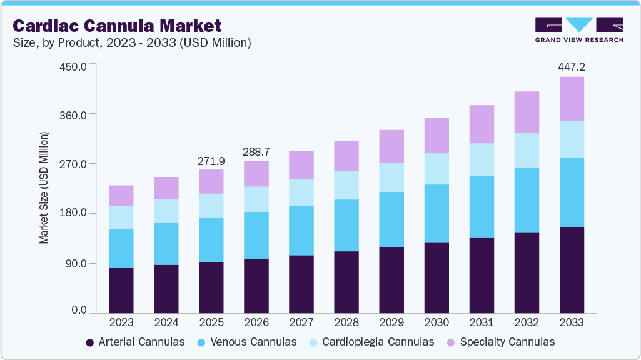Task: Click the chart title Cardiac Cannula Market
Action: coord(117,26)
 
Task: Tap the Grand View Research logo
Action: coord(579,30)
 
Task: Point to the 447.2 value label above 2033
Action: coord(572,66)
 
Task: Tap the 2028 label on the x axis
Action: coord(346,322)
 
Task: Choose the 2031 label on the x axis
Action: coord(482,322)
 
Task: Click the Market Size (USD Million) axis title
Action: coord(44,187)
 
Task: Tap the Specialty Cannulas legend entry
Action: coord(500,342)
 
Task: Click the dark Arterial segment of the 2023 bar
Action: coord(121,291)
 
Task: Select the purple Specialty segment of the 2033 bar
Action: coord(572,99)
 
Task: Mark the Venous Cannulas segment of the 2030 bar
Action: coord(437,213)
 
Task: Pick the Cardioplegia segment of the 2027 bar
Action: coord(301,192)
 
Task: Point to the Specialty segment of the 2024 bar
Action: coord(166,188)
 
